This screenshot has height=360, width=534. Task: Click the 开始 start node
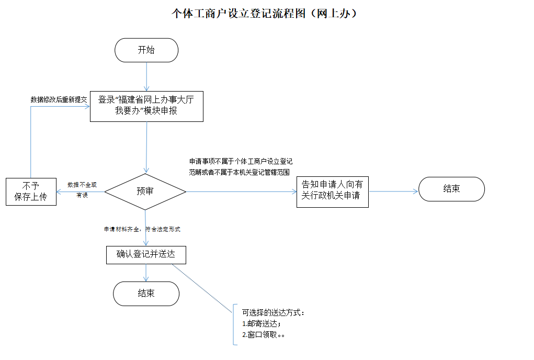[146, 50]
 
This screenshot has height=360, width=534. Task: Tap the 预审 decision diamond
[145, 192]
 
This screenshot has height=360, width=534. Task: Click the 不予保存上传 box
[31, 192]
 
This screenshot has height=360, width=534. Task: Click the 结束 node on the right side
[451, 189]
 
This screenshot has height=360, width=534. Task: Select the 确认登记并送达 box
[146, 255]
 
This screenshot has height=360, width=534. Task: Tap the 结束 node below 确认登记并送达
[146, 294]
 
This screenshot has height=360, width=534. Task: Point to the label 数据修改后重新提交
[59, 99]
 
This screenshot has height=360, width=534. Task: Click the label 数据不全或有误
[82, 189]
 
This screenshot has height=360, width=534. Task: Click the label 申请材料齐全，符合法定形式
[142, 229]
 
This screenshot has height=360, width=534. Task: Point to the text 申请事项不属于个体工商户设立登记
[241, 162]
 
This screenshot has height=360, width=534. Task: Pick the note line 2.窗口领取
[264, 335]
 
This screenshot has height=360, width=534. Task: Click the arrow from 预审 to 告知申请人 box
[241, 192]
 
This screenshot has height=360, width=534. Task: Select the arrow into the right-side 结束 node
[393, 192]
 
